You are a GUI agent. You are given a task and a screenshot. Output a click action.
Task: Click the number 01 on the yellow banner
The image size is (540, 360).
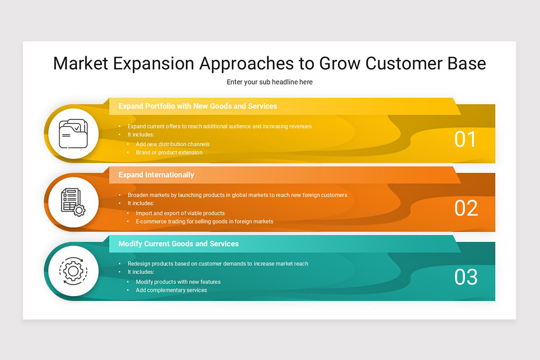point(465,139)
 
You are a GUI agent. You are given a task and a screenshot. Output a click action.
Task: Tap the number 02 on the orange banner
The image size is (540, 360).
point(466,208)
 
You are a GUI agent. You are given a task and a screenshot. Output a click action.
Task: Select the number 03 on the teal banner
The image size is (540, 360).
point(466,277)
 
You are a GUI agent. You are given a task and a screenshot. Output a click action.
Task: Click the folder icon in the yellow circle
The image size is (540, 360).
point(72,134)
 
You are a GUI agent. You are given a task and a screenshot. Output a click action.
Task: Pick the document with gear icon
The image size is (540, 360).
point(72,202)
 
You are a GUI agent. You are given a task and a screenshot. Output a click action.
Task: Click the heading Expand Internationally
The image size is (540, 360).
point(156,175)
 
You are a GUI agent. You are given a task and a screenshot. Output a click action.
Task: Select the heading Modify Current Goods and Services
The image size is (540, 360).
point(178,243)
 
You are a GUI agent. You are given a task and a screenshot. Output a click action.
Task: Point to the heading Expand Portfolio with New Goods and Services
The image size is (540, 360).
point(198,106)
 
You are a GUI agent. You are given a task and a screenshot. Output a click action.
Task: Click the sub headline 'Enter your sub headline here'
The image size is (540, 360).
point(270,82)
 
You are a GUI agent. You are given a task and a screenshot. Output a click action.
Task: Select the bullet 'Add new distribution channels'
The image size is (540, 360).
point(172,144)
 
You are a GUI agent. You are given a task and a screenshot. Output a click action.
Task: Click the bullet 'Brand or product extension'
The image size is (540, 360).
point(169,153)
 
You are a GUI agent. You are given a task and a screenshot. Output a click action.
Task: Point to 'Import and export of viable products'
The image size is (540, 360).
point(180,213)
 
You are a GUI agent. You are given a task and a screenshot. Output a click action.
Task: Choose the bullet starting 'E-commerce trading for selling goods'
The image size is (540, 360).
point(204,221)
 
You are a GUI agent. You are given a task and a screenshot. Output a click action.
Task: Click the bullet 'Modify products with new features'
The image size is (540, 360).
point(178,282)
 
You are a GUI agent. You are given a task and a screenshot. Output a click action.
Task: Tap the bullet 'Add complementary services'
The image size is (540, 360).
point(171,290)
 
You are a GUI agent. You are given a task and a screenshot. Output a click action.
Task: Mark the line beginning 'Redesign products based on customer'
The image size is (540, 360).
point(218,264)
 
